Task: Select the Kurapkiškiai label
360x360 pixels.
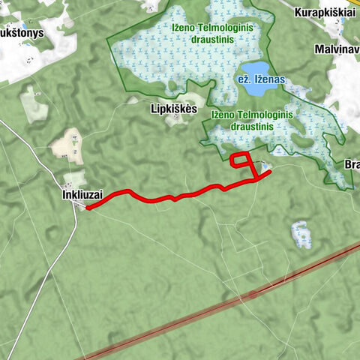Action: [x=323, y=13]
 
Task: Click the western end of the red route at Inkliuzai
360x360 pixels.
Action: [x=88, y=208]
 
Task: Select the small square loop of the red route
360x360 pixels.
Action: [x=241, y=163]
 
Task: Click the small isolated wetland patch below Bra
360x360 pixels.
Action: [x=301, y=234]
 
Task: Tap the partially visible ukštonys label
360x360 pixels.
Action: [x=22, y=33]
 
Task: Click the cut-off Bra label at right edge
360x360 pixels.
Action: [x=351, y=164]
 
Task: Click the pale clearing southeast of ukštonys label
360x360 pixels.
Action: [x=34, y=105]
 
